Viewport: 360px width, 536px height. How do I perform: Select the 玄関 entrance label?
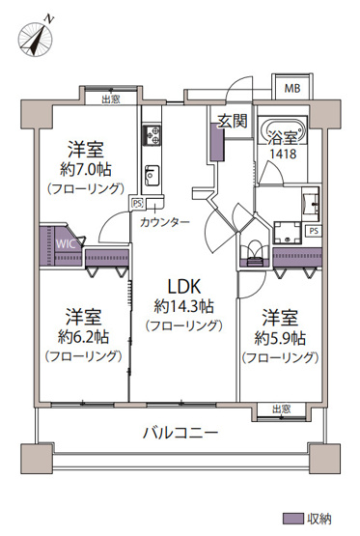click(x=233, y=121)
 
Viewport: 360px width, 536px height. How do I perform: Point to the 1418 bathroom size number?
click(x=283, y=153)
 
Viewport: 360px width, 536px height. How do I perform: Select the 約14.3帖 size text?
click(x=183, y=307)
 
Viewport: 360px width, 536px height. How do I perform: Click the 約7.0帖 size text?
click(x=87, y=170)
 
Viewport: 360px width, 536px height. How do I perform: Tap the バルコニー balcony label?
click(x=180, y=433)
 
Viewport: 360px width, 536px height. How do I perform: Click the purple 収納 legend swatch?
click(x=292, y=518)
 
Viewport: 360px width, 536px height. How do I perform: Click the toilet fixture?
click(x=256, y=249)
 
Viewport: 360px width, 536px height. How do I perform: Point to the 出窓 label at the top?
click(x=109, y=98)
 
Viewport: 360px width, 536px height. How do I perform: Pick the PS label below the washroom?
click(x=313, y=231)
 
